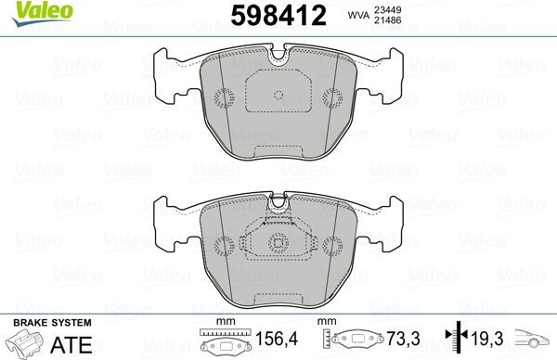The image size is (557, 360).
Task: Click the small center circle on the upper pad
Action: (278, 95)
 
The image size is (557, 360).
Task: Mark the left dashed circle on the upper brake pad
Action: (224, 97)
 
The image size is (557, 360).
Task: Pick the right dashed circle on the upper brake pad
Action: (333, 97)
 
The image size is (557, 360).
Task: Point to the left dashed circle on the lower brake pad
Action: (224, 246)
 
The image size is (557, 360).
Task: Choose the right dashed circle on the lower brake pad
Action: (333, 246)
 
